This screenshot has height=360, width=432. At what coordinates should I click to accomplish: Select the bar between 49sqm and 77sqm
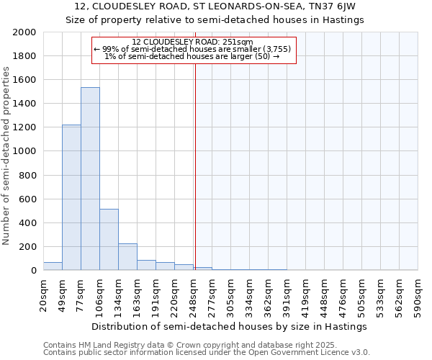pyautogui.click(x=71, y=197)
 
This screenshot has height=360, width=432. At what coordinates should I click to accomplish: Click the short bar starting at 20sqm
pyautogui.click(x=53, y=266)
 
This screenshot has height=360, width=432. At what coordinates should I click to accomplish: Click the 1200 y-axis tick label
pyautogui.click(x=25, y=127)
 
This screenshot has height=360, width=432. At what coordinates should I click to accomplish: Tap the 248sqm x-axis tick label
pyautogui.click(x=193, y=295)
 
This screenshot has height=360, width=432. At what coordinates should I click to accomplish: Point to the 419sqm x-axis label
pyautogui.click(x=305, y=295)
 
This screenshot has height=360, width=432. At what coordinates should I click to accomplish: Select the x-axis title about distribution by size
pyautogui.click(x=230, y=326)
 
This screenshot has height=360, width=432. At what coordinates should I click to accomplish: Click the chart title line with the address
pyautogui.click(x=215, y=6)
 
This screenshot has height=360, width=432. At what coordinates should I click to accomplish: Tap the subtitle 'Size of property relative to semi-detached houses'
pyautogui.click(x=215, y=20)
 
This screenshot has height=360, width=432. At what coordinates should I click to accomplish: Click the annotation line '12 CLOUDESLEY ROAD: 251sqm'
pyautogui.click(x=193, y=42)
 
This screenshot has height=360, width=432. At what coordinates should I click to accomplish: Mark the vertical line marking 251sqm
pyautogui.click(x=194, y=166)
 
